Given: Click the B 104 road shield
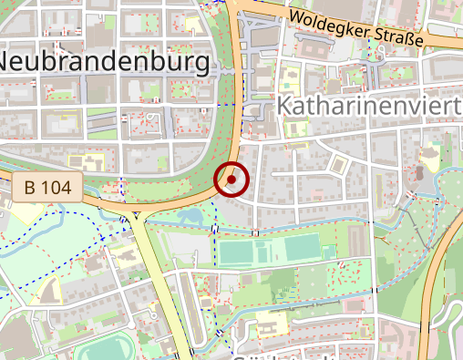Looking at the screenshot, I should click(48, 189).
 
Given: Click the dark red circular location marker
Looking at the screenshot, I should click(232, 180).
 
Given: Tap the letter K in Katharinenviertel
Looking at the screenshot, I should click(285, 108).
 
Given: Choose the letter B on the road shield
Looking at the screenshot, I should click(31, 189).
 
